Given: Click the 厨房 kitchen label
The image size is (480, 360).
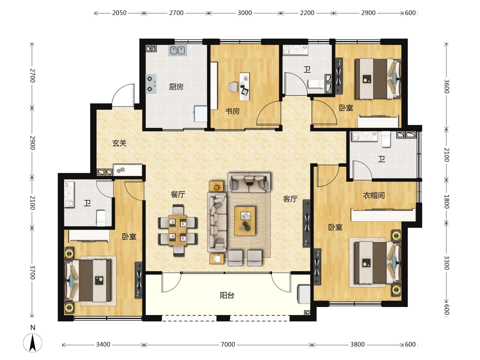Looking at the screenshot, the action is click(176, 87).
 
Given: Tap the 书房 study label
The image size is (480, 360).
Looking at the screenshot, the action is click(232, 111).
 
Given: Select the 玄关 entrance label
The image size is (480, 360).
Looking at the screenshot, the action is click(119, 143).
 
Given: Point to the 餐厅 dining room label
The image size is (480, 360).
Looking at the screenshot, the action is click(178, 194).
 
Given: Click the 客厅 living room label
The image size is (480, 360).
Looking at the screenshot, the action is click(290, 199).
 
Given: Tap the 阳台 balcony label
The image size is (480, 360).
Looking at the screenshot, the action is click(227, 296).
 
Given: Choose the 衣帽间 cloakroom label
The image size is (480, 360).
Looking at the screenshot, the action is click(374, 195).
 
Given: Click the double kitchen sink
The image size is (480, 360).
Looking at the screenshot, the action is click(177, 50).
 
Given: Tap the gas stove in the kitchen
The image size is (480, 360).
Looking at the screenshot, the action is click(151, 84).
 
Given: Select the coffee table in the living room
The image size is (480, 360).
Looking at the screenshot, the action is click(245, 221).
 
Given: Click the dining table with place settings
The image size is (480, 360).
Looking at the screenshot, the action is click(178, 230).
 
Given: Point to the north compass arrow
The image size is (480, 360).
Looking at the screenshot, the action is click(33, 343).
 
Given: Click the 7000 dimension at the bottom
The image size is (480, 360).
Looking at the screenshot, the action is click(228, 344).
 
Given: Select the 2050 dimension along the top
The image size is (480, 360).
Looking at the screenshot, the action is click(119, 13).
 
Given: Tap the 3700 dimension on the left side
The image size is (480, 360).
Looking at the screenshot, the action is click(32, 273).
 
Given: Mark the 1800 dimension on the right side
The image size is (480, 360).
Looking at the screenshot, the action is click(446, 201).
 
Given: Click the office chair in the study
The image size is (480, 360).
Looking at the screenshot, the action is click(233, 87).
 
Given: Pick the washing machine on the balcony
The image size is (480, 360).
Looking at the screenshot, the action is click(304, 294).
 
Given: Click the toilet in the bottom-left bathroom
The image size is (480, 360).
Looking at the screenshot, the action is click(101, 218).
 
